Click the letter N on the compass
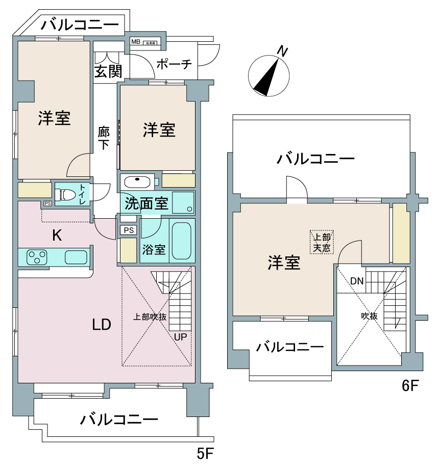coord(282,51)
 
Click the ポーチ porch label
coord(174,64)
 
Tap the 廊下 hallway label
coord(104,138)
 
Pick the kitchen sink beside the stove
coord(76,257)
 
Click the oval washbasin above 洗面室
coord(136,181)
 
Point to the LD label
coord(102,324)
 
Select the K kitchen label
coord(58,236)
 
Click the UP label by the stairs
coord(180,337)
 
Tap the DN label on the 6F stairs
coord(357,281)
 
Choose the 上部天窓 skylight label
coord(322,243)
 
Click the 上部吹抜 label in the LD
coord(150,317)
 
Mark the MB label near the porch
coord(135,42)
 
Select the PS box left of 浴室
coord(129,230)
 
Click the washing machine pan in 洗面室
coord(183,203)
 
